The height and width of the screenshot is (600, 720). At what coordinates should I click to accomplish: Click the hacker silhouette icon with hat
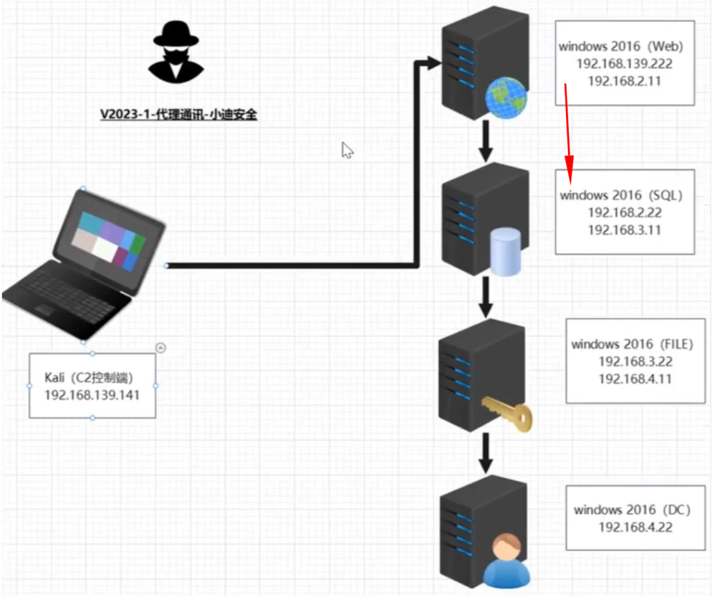click(x=176, y=51)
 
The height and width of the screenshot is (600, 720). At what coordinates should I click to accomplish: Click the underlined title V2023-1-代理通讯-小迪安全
click(x=179, y=115)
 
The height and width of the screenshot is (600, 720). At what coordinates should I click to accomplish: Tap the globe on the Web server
click(x=506, y=98)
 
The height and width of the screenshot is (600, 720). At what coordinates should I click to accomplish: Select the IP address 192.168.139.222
click(x=624, y=64)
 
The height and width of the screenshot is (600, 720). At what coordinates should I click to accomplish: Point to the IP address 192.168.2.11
click(x=624, y=82)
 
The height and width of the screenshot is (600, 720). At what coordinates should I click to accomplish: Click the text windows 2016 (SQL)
click(x=622, y=196)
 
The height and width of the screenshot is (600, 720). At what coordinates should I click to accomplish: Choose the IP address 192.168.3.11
click(x=624, y=230)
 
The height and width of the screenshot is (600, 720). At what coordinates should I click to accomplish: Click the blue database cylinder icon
click(x=506, y=253)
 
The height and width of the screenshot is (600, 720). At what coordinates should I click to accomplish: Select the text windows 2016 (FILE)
click(x=632, y=344)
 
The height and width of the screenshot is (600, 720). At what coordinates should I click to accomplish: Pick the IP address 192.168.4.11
click(x=636, y=379)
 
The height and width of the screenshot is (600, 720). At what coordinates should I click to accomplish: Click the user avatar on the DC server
click(x=506, y=561)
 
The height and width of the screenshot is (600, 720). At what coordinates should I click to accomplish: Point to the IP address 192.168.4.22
click(x=636, y=528)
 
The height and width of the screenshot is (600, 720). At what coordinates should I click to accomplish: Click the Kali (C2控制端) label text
click(x=89, y=378)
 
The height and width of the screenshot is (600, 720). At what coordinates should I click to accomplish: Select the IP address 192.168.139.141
click(x=92, y=395)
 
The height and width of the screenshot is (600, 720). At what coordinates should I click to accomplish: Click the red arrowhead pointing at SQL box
click(x=570, y=170)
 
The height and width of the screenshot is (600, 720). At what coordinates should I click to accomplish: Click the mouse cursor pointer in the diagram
click(x=347, y=151)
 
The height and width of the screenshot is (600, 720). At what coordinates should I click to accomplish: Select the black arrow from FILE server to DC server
click(x=486, y=454)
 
